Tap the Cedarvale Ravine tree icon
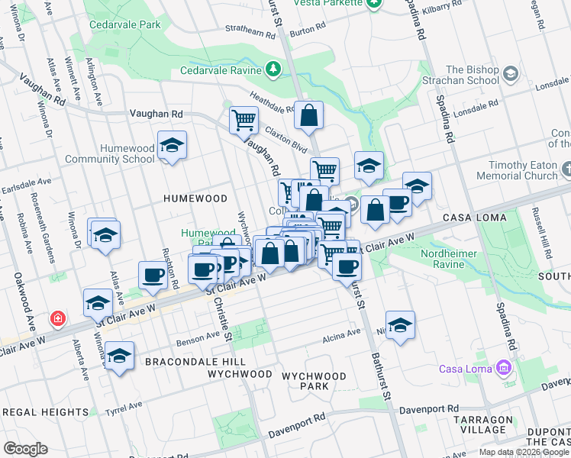274,70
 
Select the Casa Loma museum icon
502,369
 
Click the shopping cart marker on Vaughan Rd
244,120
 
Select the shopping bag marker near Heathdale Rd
308,116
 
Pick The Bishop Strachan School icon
511,74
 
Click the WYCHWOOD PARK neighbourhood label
313,381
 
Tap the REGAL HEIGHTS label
46,412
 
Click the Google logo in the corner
26,449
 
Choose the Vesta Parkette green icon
373,4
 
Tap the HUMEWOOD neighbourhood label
195,198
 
